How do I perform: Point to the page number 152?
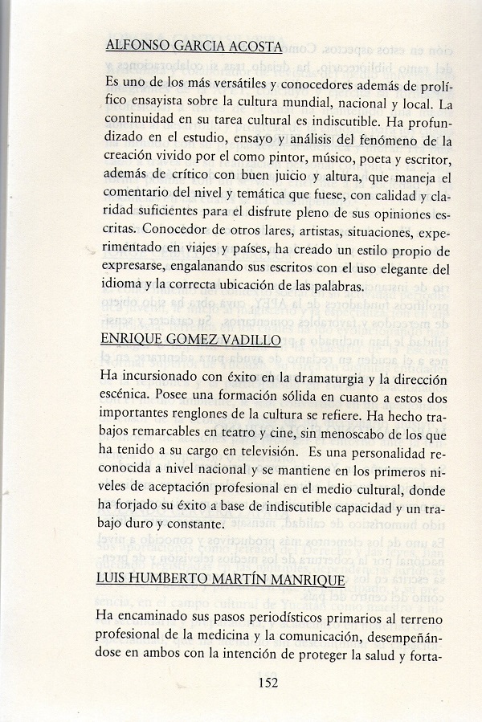268,683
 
